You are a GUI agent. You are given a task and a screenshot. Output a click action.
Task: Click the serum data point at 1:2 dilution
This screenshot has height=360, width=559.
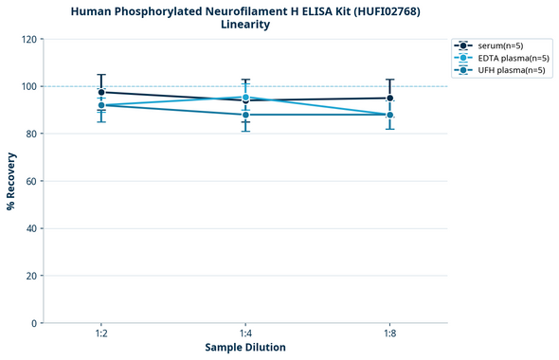coord(101,92)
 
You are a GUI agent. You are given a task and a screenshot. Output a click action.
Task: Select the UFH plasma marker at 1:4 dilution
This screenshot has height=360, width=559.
coord(245,115)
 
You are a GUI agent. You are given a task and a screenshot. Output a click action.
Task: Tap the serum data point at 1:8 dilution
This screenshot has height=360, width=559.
coord(389,98)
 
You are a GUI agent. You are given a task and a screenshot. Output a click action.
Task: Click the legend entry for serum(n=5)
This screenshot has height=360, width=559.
coord(498,45)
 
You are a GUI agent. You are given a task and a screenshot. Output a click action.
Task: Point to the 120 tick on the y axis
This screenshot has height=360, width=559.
coord(31,39)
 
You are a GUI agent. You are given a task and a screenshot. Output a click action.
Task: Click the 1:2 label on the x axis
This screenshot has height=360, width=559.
coord(101,333)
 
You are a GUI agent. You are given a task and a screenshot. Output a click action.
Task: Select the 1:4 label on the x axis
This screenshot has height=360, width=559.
coord(245,333)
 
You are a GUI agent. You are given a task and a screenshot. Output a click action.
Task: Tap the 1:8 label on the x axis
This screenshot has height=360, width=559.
coord(389,333)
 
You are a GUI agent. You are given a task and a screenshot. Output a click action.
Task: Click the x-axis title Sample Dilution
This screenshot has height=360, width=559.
coord(245,348)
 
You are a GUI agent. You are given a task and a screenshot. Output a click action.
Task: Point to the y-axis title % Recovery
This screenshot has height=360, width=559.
coord(11,181)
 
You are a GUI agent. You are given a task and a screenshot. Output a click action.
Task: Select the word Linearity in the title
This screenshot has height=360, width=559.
coord(245,25)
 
